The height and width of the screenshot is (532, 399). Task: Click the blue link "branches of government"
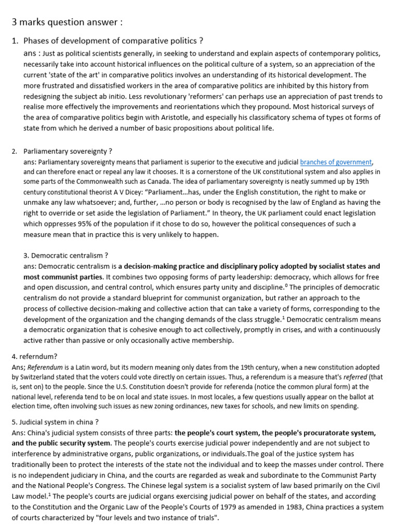[336, 162]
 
